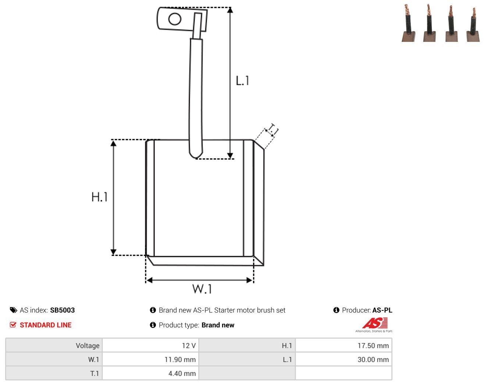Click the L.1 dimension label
coord(242,80)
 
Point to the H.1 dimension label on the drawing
coord(99,197)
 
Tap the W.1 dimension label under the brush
coord(202,289)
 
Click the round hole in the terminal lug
coord(175,19)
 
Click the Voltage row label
coord(88,345)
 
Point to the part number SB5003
coord(62,310)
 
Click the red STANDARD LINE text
coord(46,325)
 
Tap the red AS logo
coord(375,323)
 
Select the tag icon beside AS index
coord(14,310)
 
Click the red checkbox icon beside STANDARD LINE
coord(13,325)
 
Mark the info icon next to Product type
coord(153,325)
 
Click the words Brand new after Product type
coord(218,325)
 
